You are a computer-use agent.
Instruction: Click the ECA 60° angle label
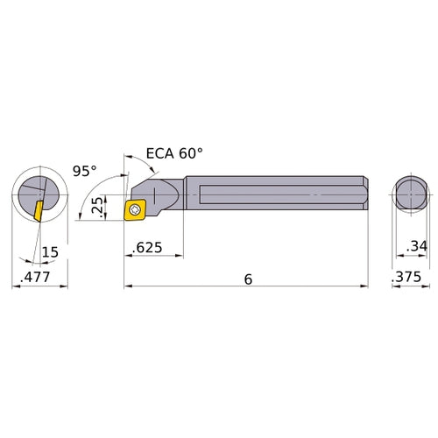click(173, 152)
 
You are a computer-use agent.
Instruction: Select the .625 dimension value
click(146, 250)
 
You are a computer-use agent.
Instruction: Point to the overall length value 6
click(248, 279)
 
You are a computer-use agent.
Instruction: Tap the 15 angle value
click(52, 251)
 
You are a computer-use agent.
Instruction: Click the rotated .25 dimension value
click(97, 208)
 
